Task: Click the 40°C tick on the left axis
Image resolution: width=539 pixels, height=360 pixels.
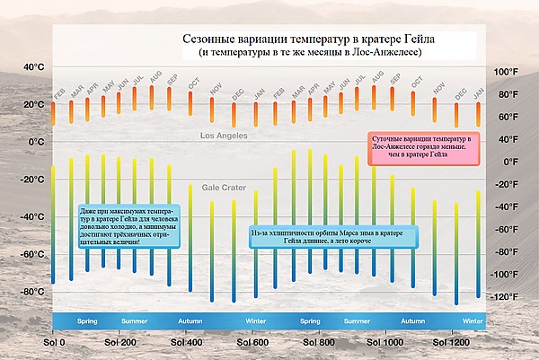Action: pos(33,67)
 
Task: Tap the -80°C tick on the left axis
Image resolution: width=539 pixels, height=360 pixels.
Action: pos(31,292)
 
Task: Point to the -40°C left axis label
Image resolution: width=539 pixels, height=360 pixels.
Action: pos(31,217)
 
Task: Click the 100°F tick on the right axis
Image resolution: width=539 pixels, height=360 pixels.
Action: pos(508,72)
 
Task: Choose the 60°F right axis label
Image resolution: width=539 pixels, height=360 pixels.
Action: pos(508,117)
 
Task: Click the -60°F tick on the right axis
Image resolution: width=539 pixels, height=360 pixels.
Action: pos(508,252)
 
